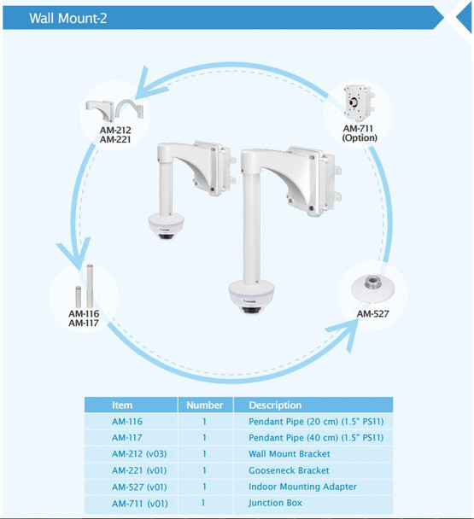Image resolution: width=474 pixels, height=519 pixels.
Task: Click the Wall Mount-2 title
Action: (x=68, y=17)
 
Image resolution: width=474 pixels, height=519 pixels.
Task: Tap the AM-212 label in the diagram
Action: (x=114, y=130)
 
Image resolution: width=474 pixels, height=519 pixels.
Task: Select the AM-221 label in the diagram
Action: (x=114, y=140)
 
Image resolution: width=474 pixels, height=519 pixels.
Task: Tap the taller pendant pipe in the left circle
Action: (x=88, y=285)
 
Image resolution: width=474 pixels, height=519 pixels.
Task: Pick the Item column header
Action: (x=123, y=405)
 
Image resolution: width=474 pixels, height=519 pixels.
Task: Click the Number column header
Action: (x=205, y=405)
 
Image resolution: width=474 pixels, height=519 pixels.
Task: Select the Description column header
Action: (x=275, y=405)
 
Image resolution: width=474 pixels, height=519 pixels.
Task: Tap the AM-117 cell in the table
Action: (x=127, y=438)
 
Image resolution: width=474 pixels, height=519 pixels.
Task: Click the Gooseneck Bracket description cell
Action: (x=289, y=470)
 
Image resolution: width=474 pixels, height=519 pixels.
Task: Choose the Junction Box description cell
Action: (x=275, y=504)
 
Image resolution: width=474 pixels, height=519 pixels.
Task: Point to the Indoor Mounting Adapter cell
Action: (x=302, y=487)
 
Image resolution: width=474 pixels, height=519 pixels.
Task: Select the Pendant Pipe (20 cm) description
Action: (x=315, y=422)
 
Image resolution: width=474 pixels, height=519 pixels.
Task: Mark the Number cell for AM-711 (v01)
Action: (x=205, y=504)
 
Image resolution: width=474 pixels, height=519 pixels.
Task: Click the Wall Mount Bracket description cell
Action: (x=290, y=454)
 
